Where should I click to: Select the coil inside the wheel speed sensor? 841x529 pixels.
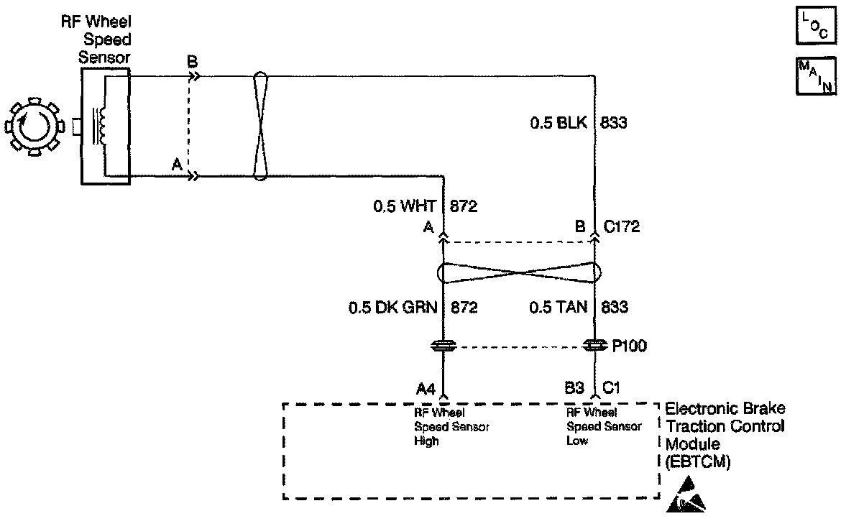click(102, 126)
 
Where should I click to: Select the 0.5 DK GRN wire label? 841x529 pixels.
click(392, 308)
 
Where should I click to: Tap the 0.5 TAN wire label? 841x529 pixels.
click(558, 308)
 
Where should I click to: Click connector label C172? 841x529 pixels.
click(622, 228)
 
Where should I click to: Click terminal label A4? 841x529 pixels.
click(426, 389)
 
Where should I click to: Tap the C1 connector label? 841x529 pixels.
click(612, 389)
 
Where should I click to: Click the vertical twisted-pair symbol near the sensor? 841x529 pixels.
click(261, 124)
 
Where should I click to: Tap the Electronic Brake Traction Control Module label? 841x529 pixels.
click(725, 436)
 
